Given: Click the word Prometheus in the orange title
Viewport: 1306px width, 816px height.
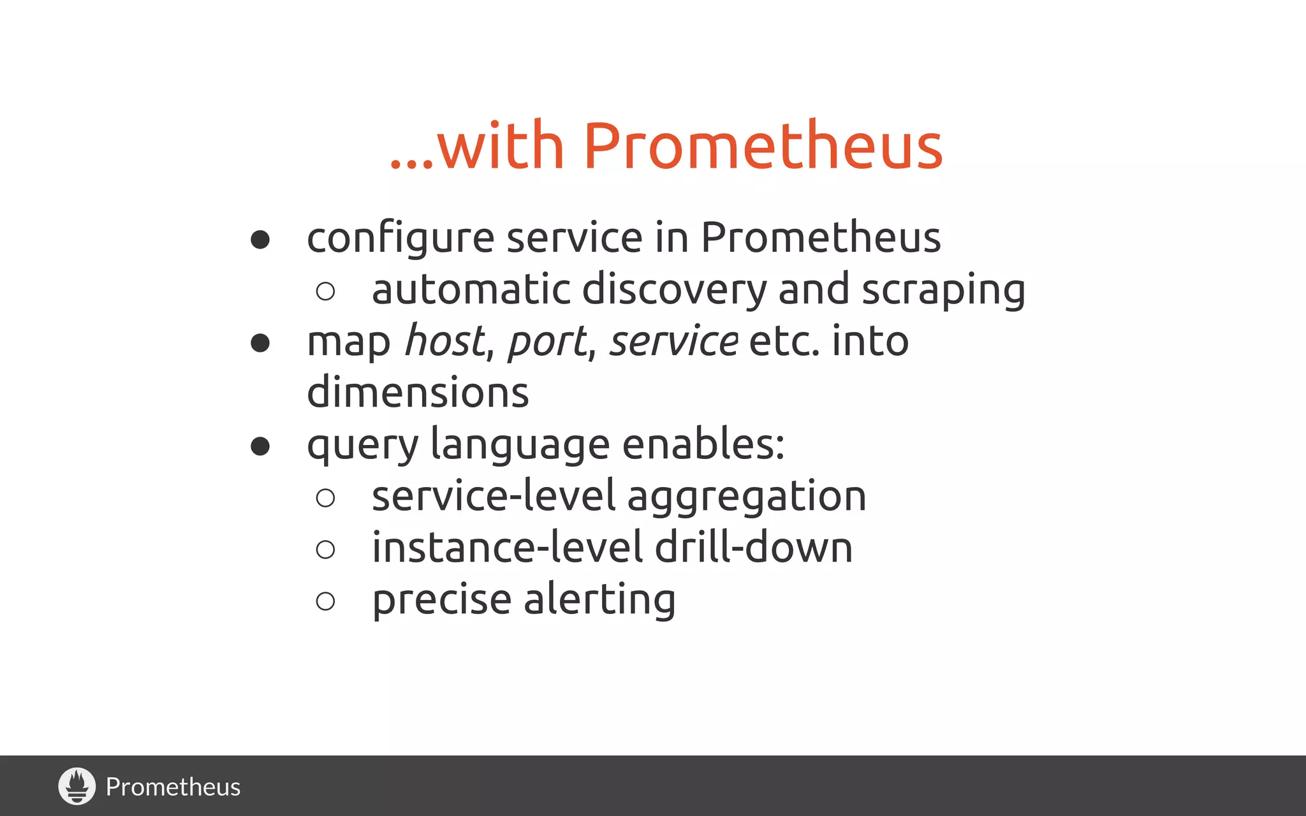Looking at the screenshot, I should [x=762, y=147].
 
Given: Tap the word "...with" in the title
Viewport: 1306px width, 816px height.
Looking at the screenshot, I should [x=477, y=147].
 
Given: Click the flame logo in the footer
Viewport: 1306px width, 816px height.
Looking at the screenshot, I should [x=77, y=785].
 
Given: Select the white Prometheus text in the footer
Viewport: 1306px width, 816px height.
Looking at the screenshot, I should [x=173, y=787].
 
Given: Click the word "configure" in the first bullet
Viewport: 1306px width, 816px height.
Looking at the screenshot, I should [x=400, y=238].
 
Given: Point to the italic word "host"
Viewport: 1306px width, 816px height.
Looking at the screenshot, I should [x=444, y=340].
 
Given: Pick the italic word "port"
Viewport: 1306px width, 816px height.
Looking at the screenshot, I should [x=547, y=342].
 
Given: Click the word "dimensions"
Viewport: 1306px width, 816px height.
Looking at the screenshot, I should [x=418, y=392].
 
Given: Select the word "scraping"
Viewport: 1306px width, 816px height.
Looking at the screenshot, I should [x=943, y=290].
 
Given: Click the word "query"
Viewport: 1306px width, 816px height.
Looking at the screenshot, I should [x=362, y=444].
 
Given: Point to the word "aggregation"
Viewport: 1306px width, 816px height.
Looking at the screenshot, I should [x=747, y=497].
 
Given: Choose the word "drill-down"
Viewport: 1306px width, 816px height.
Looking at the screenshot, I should [x=753, y=548].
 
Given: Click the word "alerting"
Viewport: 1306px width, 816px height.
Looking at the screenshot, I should [x=599, y=600].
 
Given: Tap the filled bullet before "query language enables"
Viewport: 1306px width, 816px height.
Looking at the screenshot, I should [x=260, y=446].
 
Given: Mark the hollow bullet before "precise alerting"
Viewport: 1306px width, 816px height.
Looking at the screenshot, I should [x=325, y=601].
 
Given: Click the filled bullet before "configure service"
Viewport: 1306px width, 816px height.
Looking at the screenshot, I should [x=260, y=240].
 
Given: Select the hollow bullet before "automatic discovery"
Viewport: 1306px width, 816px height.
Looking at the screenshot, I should [x=325, y=291].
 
